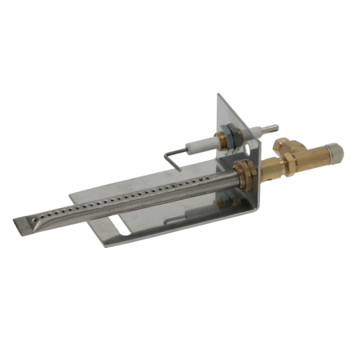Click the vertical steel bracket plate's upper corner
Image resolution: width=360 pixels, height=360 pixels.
pyautogui.click(x=221, y=98)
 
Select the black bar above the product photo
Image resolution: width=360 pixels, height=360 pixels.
pyautogui.click(x=180, y=40)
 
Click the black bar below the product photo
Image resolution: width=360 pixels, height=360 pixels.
pyautogui.click(x=180, y=320)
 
